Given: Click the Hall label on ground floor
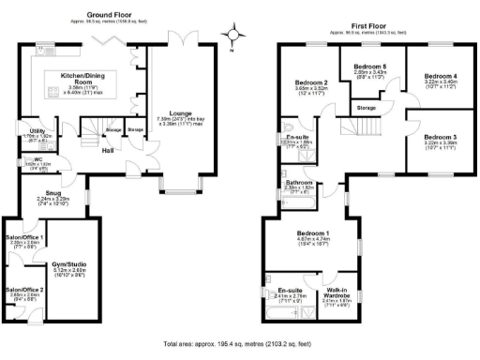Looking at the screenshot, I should tap(108, 149).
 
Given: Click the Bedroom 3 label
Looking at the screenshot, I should tap(439, 137).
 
